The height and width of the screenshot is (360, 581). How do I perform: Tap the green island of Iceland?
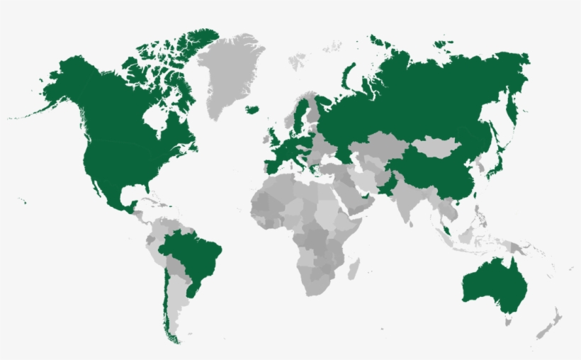pyautogui.click(x=252, y=109)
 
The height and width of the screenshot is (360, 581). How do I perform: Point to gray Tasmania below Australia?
pyautogui.click(x=507, y=321)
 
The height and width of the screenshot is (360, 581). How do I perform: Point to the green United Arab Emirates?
pyautogui.click(x=366, y=201)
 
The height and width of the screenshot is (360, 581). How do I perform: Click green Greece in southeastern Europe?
pyautogui.click(x=312, y=170)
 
